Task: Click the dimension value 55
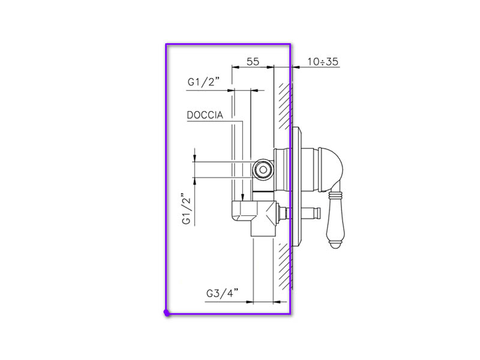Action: click(x=253, y=62)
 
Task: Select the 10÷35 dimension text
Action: click(x=323, y=62)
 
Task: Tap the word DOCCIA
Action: click(x=205, y=115)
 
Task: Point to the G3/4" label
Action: click(x=222, y=293)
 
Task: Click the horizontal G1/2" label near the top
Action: click(x=203, y=82)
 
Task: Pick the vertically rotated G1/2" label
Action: click(x=187, y=208)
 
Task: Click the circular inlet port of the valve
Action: click(x=263, y=169)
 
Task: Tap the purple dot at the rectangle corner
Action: click(x=167, y=313)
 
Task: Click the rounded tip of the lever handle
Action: click(x=335, y=245)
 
